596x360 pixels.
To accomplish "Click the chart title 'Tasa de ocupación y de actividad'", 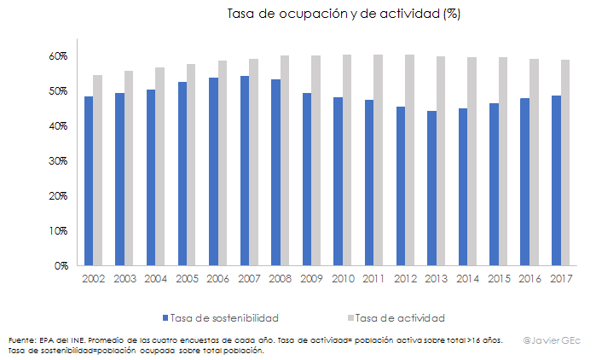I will point(344,15).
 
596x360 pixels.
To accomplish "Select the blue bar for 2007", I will point(245,171).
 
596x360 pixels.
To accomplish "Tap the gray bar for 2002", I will point(98,171).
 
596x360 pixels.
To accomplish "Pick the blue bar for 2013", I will point(432,189).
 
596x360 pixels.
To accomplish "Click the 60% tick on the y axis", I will point(58,56).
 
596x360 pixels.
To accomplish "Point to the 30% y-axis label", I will point(58,161).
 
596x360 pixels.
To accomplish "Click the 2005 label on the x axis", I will point(187,279).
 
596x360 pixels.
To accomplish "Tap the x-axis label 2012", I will point(406,279).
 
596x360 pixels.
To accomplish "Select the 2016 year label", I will point(531,279).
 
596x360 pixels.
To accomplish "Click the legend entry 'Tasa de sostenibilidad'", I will point(223,318).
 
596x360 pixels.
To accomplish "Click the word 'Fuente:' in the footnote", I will point(23,340).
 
